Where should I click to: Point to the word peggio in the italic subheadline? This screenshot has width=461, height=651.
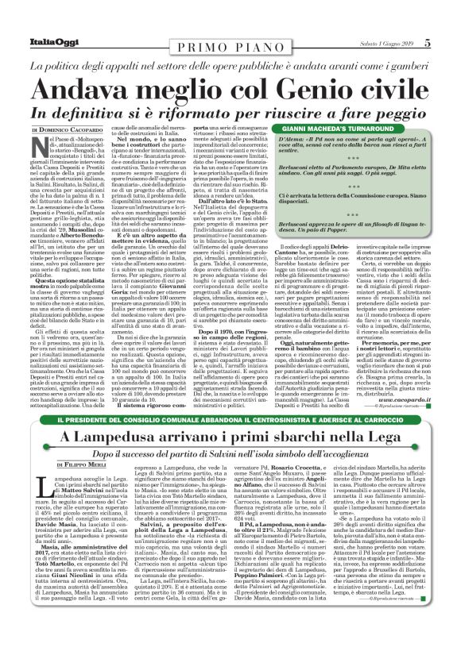coord(409,108)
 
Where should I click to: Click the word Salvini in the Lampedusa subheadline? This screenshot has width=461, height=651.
coord(204,455)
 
